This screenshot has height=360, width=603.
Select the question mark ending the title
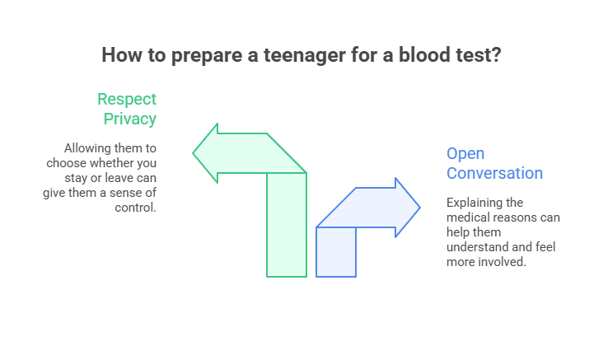coord(496,55)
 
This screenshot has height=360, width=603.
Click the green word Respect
coord(127,100)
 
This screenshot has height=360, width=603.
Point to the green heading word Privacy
coord(130,119)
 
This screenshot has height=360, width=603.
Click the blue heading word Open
coord(465,154)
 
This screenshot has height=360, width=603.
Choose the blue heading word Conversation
coord(494,173)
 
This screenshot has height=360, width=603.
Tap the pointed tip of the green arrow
coord(194,152)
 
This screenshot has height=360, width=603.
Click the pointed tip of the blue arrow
coord(419,207)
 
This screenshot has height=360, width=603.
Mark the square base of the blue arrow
coord(336,251)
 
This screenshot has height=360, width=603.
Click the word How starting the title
coord(119,55)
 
